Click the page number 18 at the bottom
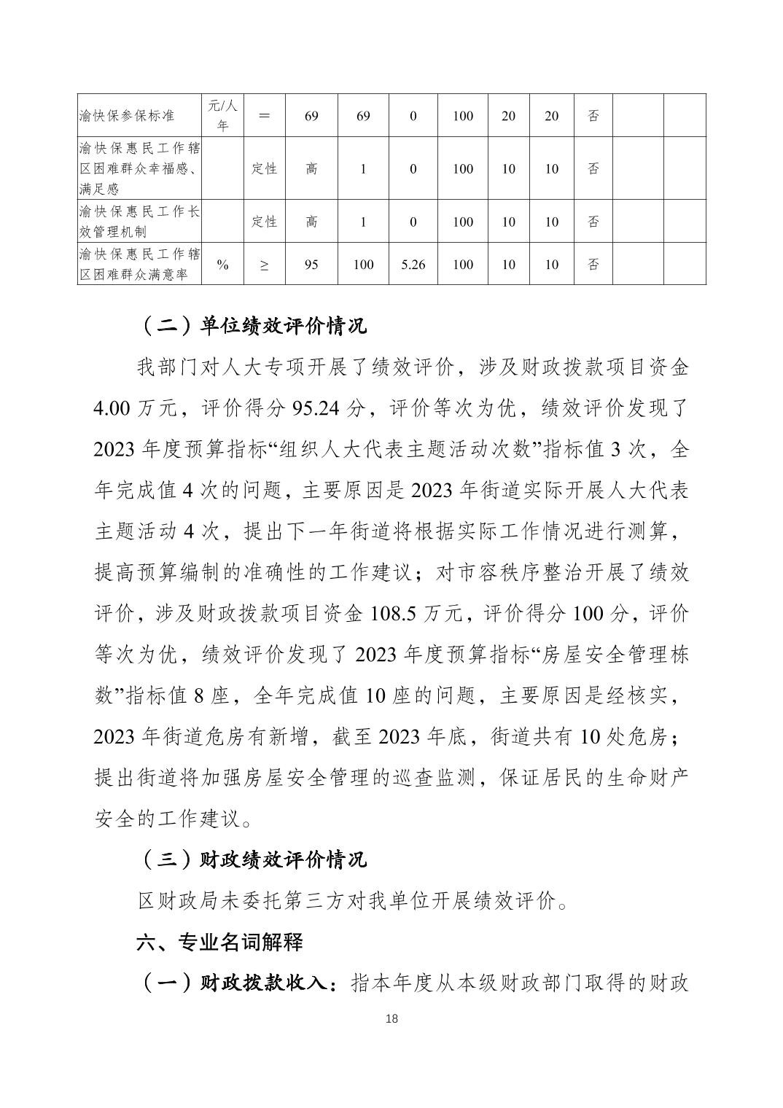pos(391,1018)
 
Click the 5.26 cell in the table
pos(413,265)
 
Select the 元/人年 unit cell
pos(223,116)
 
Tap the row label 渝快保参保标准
pos(127,116)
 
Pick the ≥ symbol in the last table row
pos(264,265)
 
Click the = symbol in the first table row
pos(264,116)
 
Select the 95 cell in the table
pos(311,265)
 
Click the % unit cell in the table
pos(223,265)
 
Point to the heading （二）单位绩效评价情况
pos(252,326)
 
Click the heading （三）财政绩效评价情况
pos(252,859)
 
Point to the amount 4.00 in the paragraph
pos(112,408)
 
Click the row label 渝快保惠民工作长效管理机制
pos(140,222)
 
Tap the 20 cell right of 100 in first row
pos(508,116)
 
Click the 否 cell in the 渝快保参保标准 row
pos(593,116)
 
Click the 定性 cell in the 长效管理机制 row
pos(264,222)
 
